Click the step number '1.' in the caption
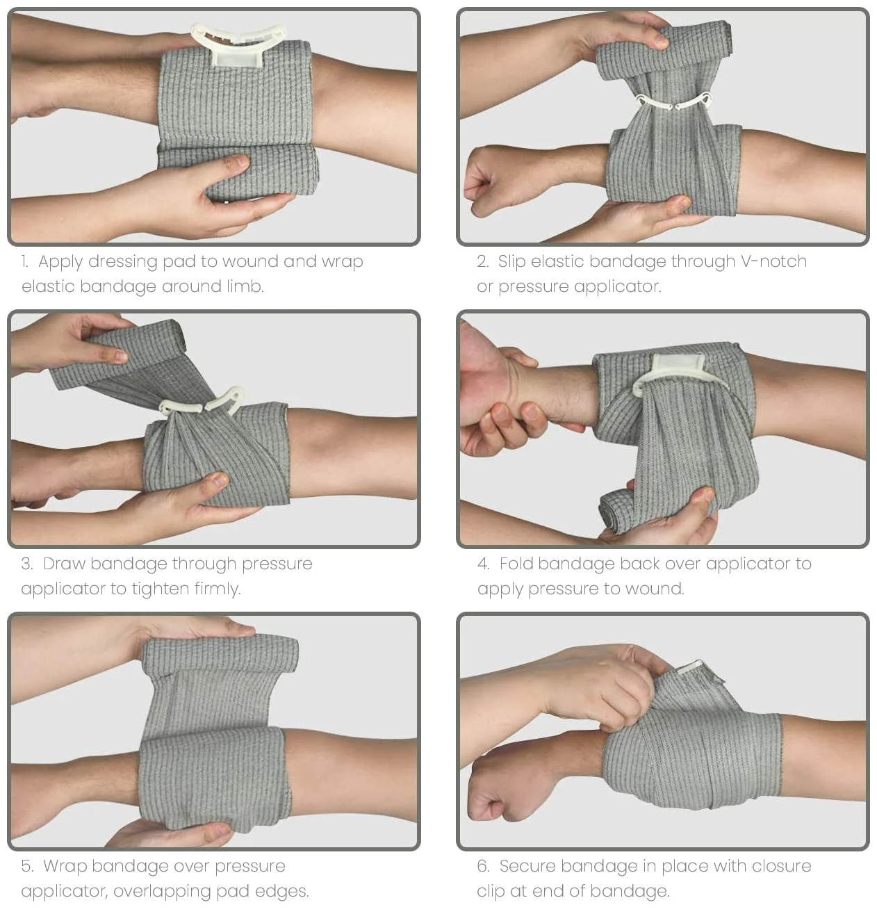pos(25,262)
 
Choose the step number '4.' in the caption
pos(483,564)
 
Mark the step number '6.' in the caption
pos(483,866)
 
